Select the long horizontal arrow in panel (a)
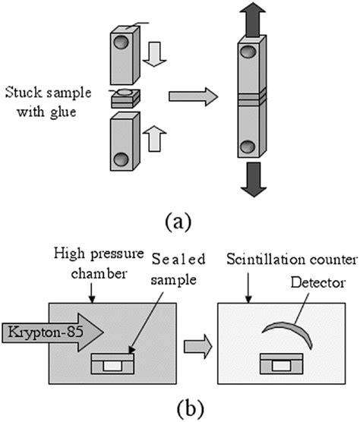tap(192, 96)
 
